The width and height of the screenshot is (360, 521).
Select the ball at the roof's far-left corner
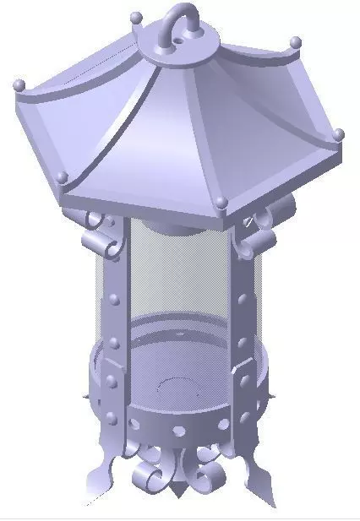click(x=19, y=84)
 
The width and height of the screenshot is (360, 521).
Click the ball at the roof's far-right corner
click(x=339, y=133)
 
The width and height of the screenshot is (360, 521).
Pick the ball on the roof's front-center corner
click(x=221, y=202)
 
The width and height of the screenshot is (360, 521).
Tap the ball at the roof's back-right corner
click(x=295, y=41)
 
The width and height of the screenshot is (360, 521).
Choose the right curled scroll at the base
click(x=205, y=477)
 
